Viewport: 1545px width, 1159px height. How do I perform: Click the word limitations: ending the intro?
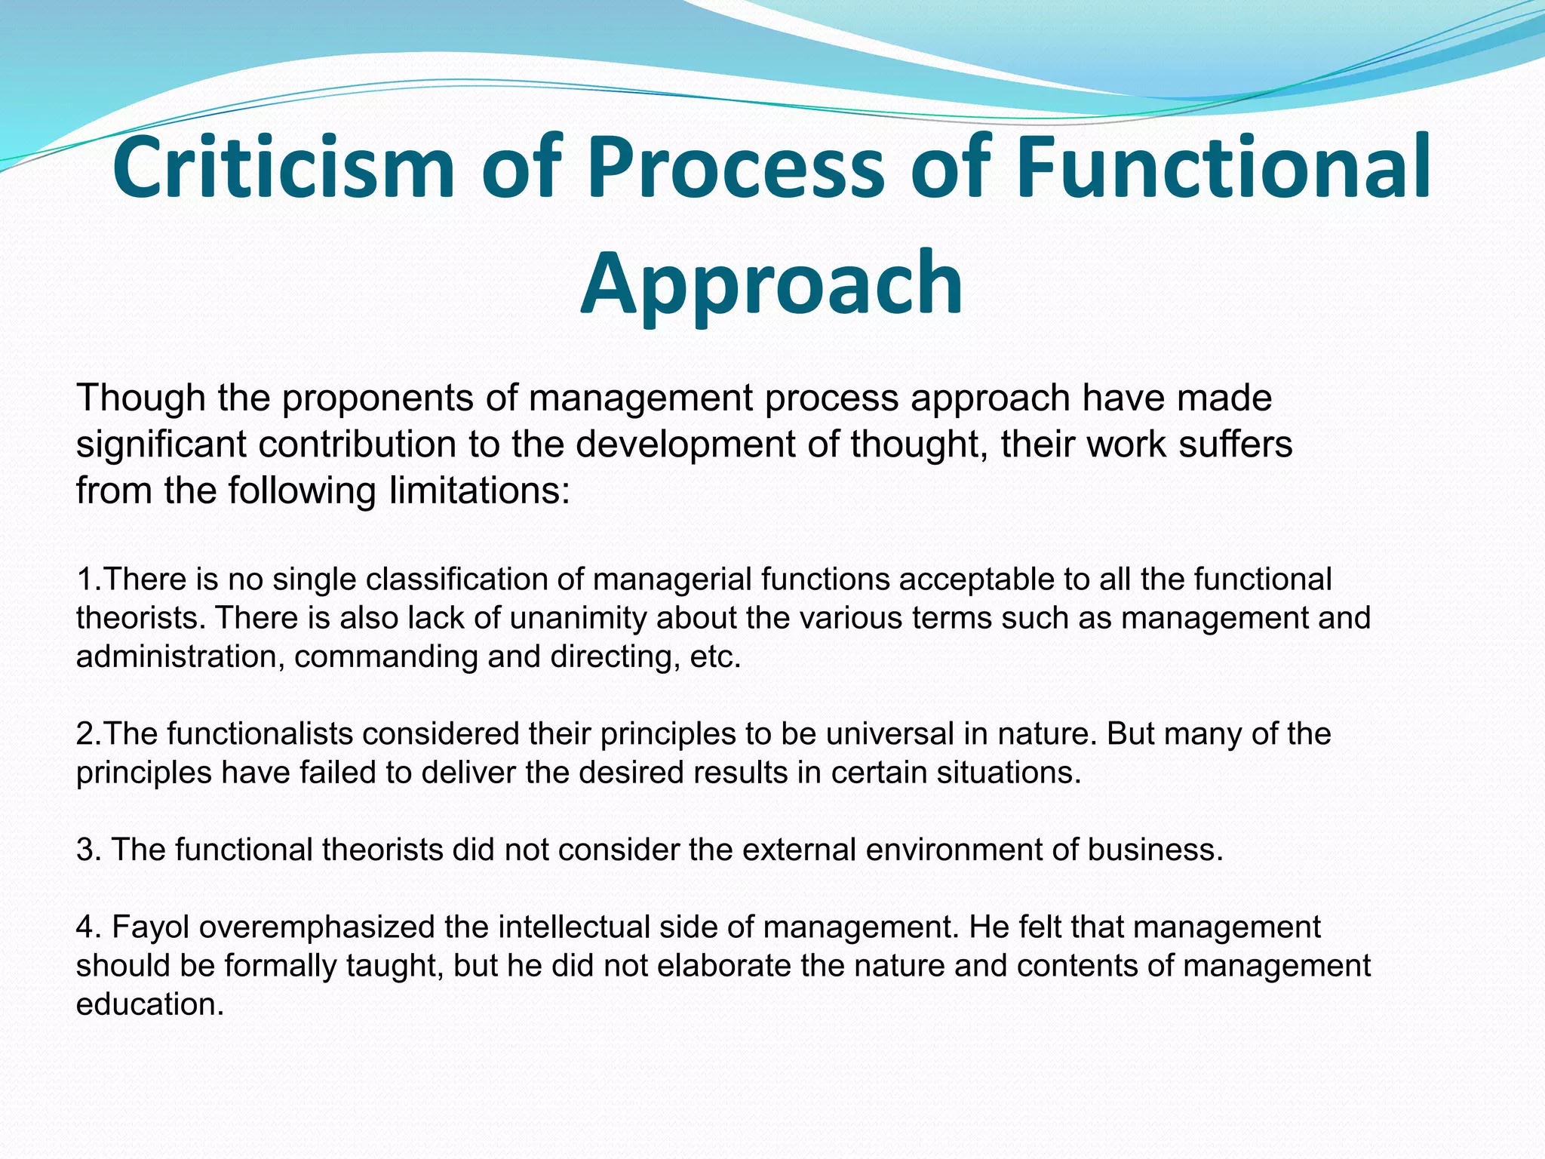479,491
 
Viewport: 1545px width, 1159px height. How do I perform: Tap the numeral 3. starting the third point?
88,850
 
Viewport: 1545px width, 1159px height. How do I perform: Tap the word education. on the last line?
150,1004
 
